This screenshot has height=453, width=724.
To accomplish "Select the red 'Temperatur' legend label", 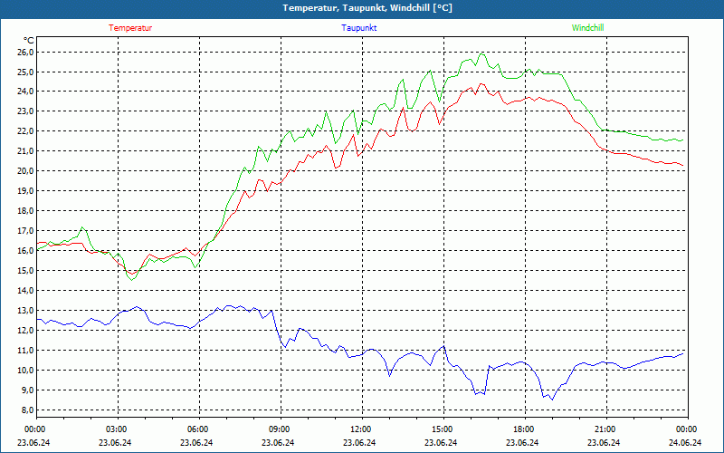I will click(x=130, y=28).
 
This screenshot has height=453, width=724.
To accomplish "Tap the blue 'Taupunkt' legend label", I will click(x=359, y=28).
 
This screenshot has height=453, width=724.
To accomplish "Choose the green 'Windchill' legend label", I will click(x=587, y=28).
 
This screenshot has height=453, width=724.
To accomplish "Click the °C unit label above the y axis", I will click(x=29, y=41).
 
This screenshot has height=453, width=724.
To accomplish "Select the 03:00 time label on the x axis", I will click(x=117, y=429).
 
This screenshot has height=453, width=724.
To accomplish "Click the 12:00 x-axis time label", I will click(x=361, y=429).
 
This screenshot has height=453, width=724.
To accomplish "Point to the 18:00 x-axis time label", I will click(x=523, y=429).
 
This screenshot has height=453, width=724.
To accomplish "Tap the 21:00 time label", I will click(x=605, y=429).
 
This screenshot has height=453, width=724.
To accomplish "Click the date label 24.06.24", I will click(x=685, y=442).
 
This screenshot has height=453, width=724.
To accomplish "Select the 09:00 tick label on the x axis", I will click(x=280, y=429).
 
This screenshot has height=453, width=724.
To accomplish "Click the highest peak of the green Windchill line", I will click(x=481, y=53).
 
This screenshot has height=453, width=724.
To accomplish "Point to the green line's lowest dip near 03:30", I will click(x=132, y=280).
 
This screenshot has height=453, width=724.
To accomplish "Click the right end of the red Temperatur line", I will click(x=684, y=166).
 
